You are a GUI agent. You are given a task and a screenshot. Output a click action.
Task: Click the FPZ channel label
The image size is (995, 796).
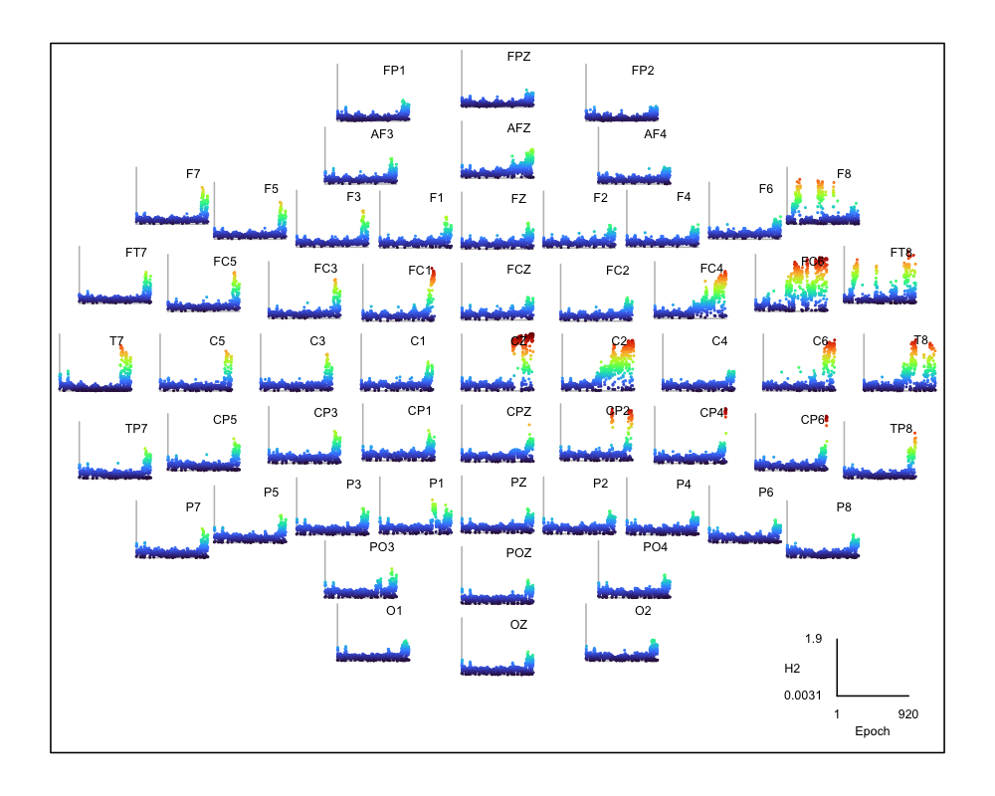[x=518, y=57]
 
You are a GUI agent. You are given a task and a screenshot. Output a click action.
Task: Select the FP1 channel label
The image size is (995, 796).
[x=394, y=71]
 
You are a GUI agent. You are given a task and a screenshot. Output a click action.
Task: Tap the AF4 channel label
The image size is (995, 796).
[x=655, y=134]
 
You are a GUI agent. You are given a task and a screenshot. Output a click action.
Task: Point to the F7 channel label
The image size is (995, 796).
[x=193, y=174]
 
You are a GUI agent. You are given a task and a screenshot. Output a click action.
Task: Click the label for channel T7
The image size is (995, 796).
[x=117, y=341]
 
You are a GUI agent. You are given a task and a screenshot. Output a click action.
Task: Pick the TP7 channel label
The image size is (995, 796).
[x=136, y=429]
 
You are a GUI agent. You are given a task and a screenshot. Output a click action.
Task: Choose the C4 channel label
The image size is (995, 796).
[x=719, y=341]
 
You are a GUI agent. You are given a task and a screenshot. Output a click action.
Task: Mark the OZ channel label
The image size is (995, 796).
[x=518, y=625]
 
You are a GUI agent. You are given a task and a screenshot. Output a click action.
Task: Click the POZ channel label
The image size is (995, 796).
[x=518, y=553]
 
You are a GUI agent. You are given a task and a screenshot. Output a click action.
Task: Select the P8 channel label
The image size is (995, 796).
[x=844, y=507]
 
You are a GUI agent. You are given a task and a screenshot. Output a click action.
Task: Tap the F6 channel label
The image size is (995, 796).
[x=765, y=188]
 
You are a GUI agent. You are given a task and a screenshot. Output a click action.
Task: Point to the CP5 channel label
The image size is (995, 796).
[x=225, y=419]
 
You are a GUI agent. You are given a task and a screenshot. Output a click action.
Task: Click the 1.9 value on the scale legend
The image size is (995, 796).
[x=813, y=638]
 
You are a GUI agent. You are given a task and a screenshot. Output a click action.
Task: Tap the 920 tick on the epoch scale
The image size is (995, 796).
[x=907, y=714]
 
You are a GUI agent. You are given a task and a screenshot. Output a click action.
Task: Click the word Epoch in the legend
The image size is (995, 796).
[x=873, y=731]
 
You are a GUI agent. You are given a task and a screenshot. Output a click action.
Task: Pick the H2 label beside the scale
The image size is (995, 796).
[x=793, y=667]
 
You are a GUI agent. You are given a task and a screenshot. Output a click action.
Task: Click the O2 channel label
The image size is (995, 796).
[x=643, y=610]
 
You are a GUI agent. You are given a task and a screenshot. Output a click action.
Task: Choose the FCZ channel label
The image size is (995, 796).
[x=518, y=270]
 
